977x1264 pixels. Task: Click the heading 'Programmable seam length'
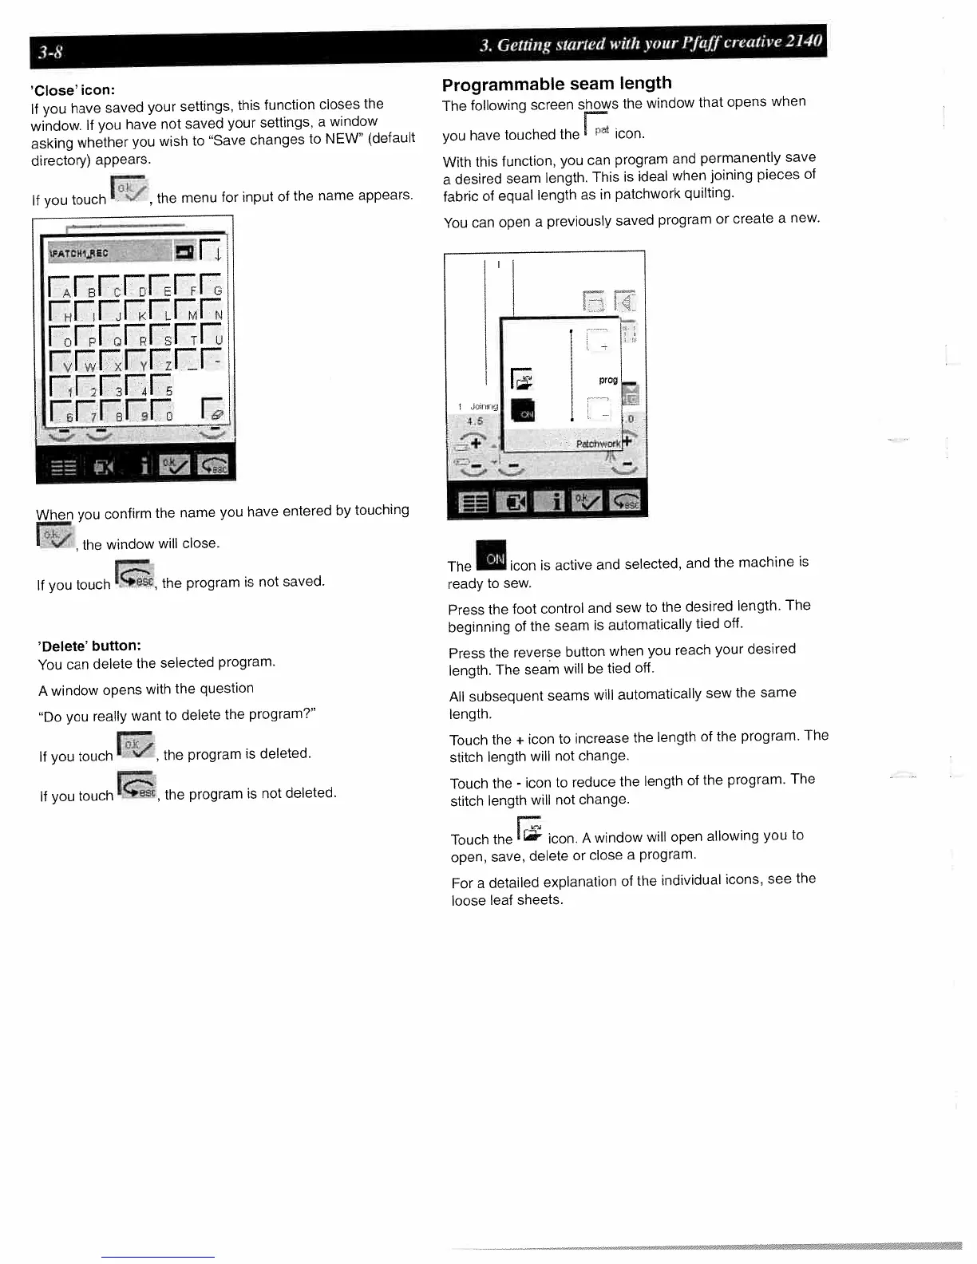(x=556, y=84)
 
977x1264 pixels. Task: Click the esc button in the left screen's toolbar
(x=213, y=465)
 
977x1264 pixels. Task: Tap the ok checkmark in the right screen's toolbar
(x=590, y=501)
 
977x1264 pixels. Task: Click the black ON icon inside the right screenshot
(x=523, y=411)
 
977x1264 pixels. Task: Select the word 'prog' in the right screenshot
(x=608, y=380)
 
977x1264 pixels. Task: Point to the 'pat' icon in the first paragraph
(x=598, y=128)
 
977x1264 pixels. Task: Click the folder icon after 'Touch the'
(x=529, y=831)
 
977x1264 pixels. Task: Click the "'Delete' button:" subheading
(x=89, y=645)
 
